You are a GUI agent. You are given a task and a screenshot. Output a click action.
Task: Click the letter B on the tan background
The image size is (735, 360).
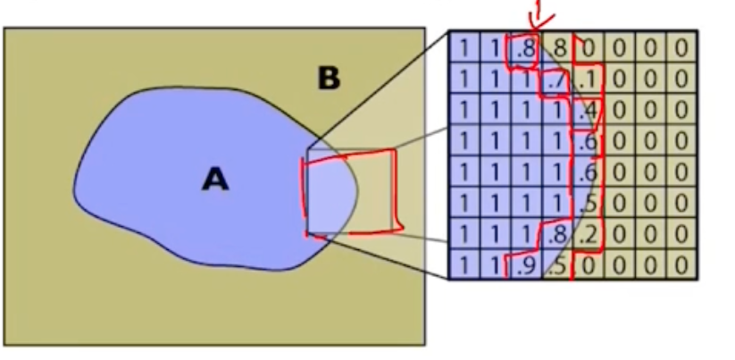[x=329, y=80]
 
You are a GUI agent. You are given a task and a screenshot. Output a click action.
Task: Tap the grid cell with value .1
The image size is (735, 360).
[x=587, y=79]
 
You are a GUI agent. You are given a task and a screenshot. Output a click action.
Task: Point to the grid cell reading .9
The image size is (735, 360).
[x=525, y=266]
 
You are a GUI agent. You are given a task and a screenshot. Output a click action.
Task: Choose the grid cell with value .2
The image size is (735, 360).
[x=587, y=235]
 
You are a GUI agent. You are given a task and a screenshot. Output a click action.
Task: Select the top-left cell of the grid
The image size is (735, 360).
[x=464, y=47]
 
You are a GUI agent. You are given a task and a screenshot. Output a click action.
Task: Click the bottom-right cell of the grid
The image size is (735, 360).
[x=681, y=266]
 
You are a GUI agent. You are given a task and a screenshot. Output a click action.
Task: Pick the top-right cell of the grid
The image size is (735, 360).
[x=681, y=47]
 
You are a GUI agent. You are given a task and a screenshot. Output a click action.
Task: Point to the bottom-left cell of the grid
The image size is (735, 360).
[x=464, y=266]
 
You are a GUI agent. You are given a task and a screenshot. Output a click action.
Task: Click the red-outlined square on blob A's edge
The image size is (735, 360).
[x=350, y=195]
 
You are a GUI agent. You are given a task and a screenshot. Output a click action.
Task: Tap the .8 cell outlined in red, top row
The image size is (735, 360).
[x=525, y=47]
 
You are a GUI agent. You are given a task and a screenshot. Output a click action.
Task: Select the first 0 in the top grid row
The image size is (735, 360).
[x=587, y=47]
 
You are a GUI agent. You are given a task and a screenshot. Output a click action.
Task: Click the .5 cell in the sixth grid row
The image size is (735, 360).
[x=587, y=204]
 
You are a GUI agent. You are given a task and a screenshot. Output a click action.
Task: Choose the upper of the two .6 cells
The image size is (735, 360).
[x=587, y=141]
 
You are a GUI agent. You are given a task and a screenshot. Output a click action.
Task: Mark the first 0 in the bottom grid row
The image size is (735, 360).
[x=587, y=266]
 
